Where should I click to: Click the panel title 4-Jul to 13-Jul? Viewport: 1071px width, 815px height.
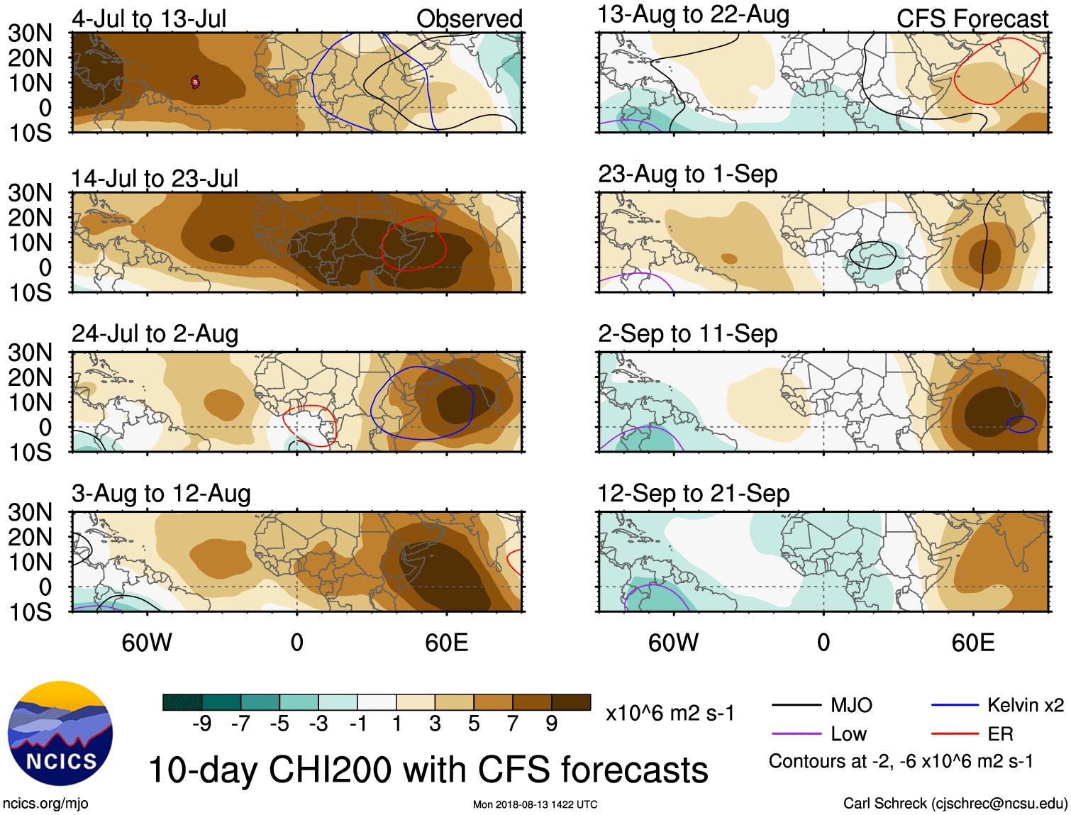tap(149, 18)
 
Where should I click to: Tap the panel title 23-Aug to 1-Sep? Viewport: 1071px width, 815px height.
tap(687, 174)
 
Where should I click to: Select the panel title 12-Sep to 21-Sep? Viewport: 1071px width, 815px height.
tap(693, 493)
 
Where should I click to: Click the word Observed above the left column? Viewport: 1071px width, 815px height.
tap(469, 18)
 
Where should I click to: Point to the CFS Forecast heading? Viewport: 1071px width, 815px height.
tap(972, 18)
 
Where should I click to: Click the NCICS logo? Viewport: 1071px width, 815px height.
tap(60, 733)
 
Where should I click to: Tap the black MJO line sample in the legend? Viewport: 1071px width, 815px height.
tap(796, 705)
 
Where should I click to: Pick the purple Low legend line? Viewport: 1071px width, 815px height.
tap(796, 734)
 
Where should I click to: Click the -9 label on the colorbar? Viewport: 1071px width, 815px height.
tap(201, 723)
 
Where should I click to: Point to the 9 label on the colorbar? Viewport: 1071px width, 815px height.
tap(552, 723)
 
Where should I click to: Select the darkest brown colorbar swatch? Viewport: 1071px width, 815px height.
tap(571, 702)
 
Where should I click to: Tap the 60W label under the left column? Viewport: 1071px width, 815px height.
tap(147, 643)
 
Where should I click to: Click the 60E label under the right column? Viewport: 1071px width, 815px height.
tap(972, 643)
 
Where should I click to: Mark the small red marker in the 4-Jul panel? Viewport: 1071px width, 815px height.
tap(195, 82)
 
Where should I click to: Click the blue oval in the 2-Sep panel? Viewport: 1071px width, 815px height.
tap(1021, 424)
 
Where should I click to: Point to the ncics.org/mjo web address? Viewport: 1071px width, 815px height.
tap(45, 803)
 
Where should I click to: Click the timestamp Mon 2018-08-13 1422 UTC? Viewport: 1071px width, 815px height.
tap(535, 804)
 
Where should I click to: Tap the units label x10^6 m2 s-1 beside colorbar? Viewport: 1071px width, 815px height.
tap(670, 713)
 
